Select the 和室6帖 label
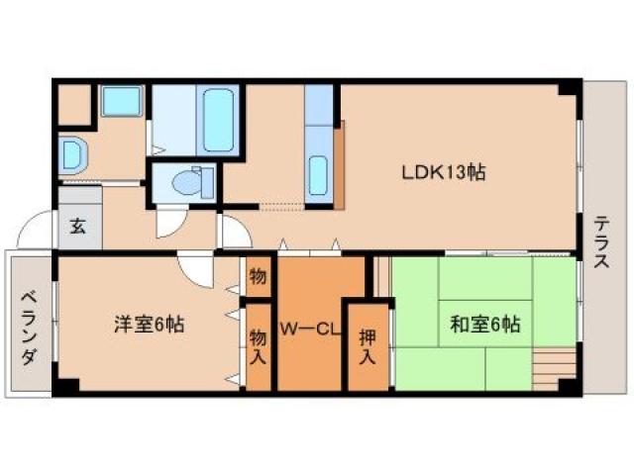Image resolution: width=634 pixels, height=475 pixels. pyautogui.click(x=484, y=323)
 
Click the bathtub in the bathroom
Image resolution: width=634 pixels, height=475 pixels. pyautogui.click(x=217, y=120)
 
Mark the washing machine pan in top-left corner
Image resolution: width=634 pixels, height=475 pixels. pyautogui.click(x=121, y=104)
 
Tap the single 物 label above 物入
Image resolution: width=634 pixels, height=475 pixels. pyautogui.click(x=258, y=276)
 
